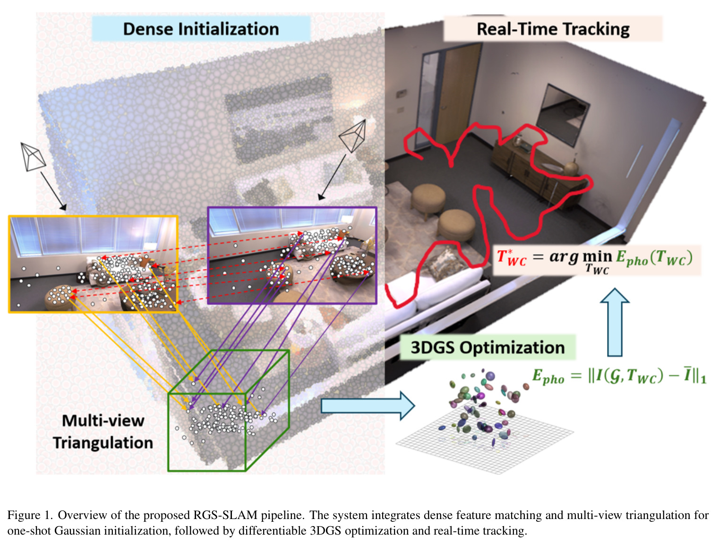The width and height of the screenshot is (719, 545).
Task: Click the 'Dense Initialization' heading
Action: pos(201,29)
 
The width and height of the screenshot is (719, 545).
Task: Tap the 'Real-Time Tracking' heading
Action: pos(553,29)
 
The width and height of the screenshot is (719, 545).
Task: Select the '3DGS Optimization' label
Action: pos(488,347)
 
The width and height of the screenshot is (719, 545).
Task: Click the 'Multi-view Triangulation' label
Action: pos(103,431)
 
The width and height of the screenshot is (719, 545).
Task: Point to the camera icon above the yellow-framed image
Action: pos(32,156)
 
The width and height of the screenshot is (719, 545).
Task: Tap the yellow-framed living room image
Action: pos(94,264)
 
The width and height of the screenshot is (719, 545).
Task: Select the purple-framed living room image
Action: pos(292,255)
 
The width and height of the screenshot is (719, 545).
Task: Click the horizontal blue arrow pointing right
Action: pos(368,406)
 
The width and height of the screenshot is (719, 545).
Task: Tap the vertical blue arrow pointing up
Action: pos(615,322)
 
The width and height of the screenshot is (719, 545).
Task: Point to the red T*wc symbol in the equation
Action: pos(511,257)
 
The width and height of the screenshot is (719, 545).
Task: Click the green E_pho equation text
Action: pos(619,376)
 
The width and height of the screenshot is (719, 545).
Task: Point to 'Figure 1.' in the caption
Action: pos(30,515)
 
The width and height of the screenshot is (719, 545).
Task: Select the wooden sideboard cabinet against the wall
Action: pos(537,170)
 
